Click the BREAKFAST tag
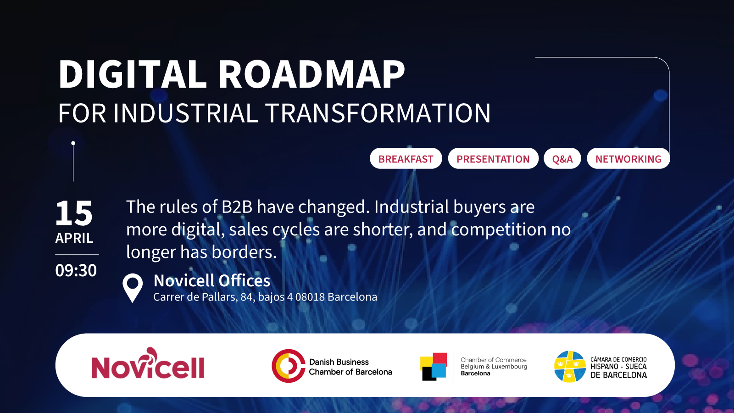pos(406,159)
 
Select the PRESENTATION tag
pos(493,159)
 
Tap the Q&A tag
pos(562,159)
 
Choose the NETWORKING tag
pos(628,159)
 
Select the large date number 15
pos(74,213)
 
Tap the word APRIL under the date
pos(74,238)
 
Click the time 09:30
pos(76,270)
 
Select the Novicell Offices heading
pos(212,280)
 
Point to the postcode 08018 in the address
pos(310,297)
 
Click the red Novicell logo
pos(148,364)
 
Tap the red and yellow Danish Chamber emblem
pos(288,366)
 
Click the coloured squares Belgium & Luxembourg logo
pos(434,366)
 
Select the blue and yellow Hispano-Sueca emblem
pos(569,366)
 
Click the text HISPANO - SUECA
pos(618,367)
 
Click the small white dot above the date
pos(73,143)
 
